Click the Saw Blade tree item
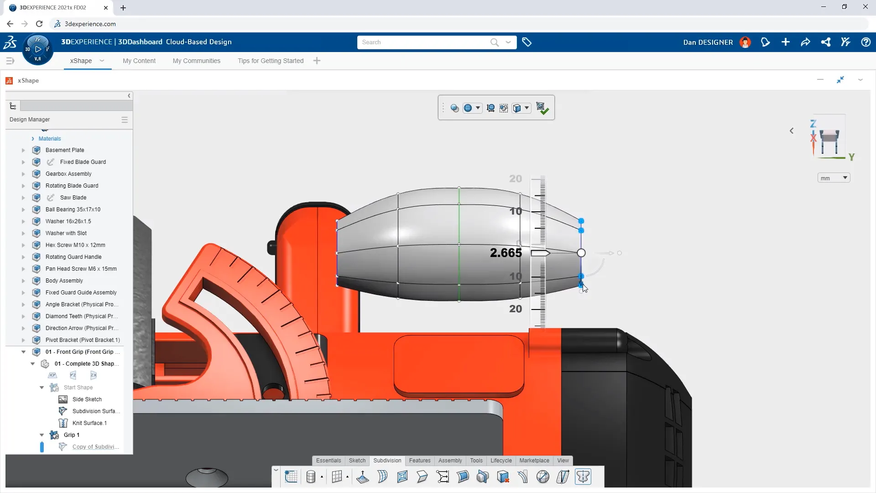[x=73, y=198]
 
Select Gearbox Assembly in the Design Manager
[x=68, y=174]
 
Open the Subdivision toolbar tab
[x=387, y=461]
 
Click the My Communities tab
[x=196, y=61]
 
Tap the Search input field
[x=424, y=42]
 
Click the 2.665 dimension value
[x=506, y=253]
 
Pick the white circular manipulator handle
[x=581, y=253]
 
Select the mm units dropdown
[x=834, y=178]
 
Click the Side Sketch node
[x=87, y=399]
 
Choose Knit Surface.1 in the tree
[x=89, y=423]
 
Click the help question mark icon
[x=866, y=42]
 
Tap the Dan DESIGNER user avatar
[x=745, y=42]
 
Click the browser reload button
[x=39, y=24]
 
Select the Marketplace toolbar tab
[x=534, y=461]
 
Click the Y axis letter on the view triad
[x=851, y=157]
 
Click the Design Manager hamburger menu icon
[x=125, y=120]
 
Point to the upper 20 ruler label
[x=516, y=179]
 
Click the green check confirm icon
[x=542, y=108]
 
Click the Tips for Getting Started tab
[x=270, y=61]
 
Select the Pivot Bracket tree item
[x=83, y=340]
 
